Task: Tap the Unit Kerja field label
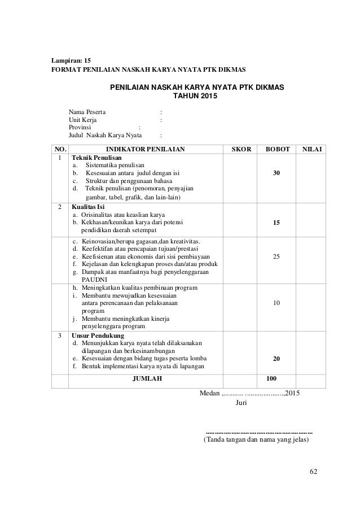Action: [82, 120]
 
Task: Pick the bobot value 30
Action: [276, 173]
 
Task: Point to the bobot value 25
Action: [276, 257]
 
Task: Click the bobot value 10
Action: [276, 303]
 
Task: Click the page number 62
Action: [314, 470]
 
